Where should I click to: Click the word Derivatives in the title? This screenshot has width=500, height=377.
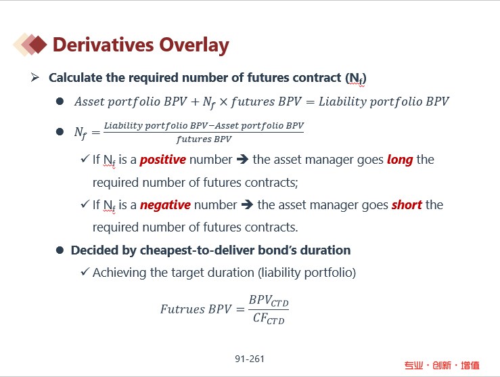(104, 45)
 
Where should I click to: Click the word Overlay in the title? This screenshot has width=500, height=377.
(194, 45)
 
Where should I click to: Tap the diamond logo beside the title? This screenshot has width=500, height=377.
(30, 45)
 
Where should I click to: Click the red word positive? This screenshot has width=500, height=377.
(163, 160)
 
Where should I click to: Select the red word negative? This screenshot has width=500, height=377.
(165, 205)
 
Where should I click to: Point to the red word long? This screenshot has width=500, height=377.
(400, 160)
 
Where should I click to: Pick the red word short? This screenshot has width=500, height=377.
(407, 205)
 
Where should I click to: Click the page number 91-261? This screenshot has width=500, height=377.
(250, 359)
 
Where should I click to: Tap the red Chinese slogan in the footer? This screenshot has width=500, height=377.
(442, 365)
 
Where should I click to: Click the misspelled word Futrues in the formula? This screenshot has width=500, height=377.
(183, 309)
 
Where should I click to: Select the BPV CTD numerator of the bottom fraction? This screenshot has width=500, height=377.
(269, 301)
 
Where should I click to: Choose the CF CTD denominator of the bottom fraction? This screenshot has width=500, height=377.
(269, 318)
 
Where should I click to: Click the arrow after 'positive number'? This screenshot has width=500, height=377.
(242, 159)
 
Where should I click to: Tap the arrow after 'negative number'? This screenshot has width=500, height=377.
(247, 204)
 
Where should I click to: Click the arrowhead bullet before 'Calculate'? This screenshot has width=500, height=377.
(35, 77)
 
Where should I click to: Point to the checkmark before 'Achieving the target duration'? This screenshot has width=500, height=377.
(85, 271)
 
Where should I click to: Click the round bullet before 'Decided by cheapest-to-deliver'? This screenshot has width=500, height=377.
(60, 250)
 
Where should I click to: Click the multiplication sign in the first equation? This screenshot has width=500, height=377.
(223, 102)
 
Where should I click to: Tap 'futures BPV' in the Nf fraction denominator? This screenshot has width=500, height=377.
(204, 139)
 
